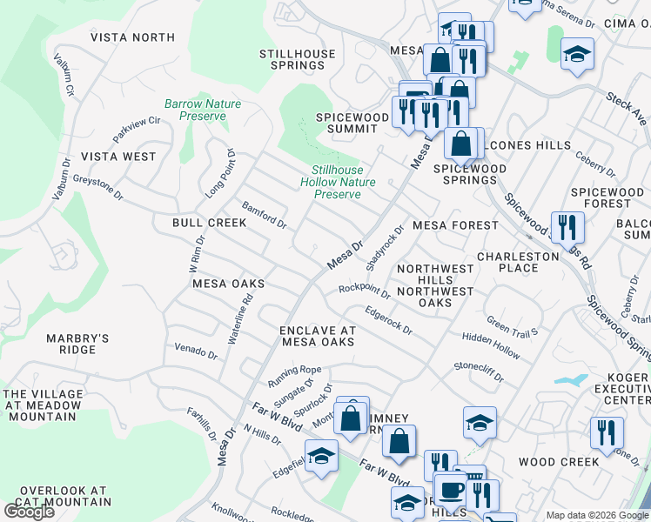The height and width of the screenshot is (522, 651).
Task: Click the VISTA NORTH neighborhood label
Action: coord(133,37)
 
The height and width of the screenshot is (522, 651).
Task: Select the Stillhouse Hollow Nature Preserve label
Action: coord(338,183)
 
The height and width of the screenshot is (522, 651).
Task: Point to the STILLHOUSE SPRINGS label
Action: coord(297,59)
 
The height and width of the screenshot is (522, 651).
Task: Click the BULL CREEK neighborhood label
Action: coord(209,223)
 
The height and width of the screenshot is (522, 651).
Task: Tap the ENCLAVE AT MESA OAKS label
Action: coord(317,336)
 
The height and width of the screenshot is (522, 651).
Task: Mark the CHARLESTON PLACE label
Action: coord(518,262)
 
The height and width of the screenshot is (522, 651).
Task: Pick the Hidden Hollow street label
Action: coord(492,345)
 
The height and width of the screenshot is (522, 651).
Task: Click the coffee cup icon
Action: coord(451,489)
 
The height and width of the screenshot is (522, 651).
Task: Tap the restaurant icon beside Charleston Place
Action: coord(567,226)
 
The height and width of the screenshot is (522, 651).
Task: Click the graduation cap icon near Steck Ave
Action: coord(577,54)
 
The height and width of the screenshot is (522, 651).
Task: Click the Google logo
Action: coord(30,512)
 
